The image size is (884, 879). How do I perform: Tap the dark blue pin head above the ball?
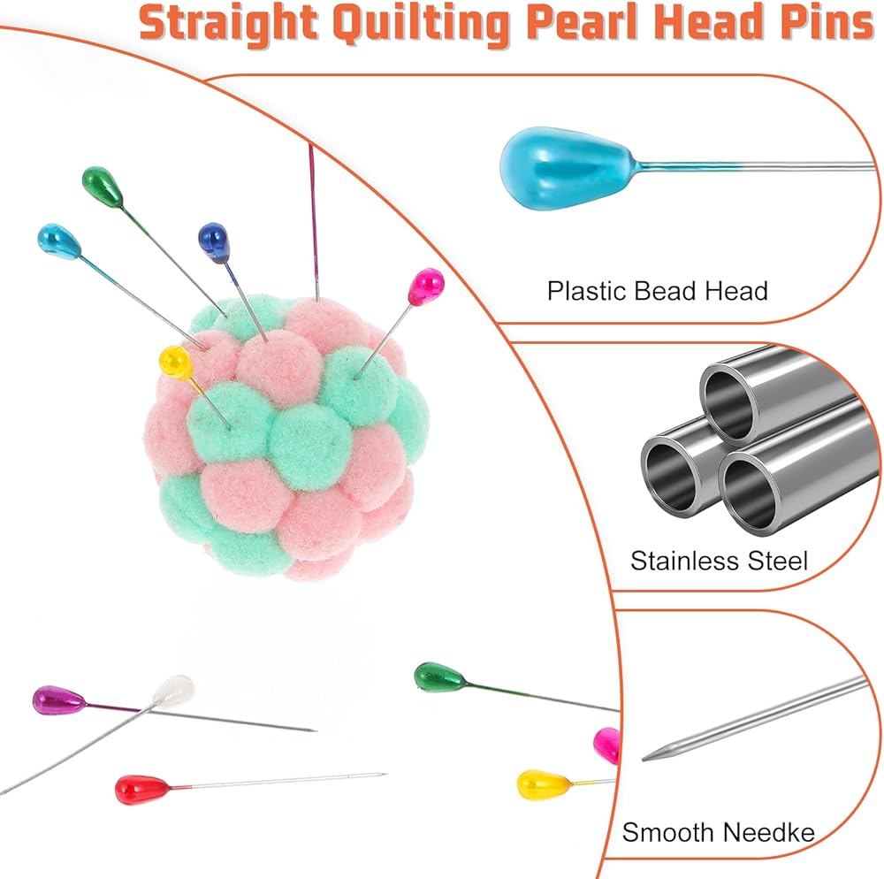click(x=214, y=241)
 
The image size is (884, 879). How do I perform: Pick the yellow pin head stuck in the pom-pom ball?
click(x=175, y=362)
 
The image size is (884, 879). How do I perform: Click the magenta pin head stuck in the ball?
click(x=425, y=287)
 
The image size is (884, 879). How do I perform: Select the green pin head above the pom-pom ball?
click(x=103, y=185)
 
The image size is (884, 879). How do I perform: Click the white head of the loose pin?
click(x=173, y=690)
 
